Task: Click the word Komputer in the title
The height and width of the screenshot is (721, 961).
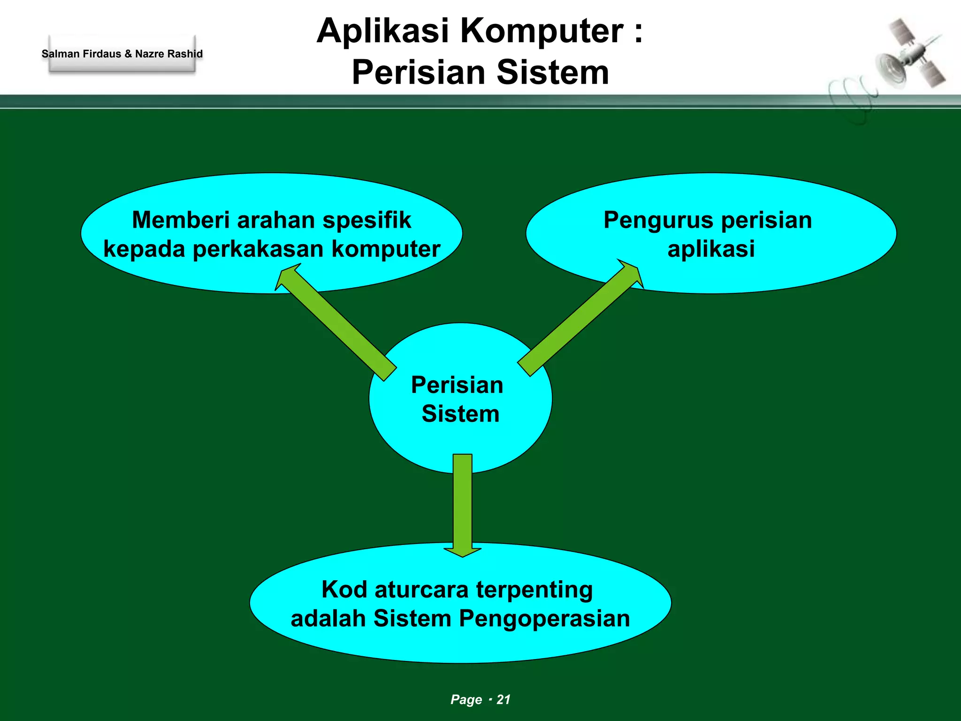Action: pos(541,31)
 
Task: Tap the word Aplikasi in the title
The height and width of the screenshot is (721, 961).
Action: pos(382,31)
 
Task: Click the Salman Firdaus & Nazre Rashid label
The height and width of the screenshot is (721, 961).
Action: pos(122,54)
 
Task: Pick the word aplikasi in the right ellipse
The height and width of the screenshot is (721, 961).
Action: pos(711,249)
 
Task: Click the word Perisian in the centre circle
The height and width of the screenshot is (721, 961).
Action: pos(457,385)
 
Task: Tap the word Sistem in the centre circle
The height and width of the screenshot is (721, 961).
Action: pos(460,414)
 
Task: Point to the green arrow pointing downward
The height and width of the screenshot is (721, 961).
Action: pos(463,505)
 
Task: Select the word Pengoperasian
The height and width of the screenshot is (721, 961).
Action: pos(544,619)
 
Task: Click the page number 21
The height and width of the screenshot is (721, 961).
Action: pos(503,699)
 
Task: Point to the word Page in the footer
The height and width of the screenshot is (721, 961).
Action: pos(466,699)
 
